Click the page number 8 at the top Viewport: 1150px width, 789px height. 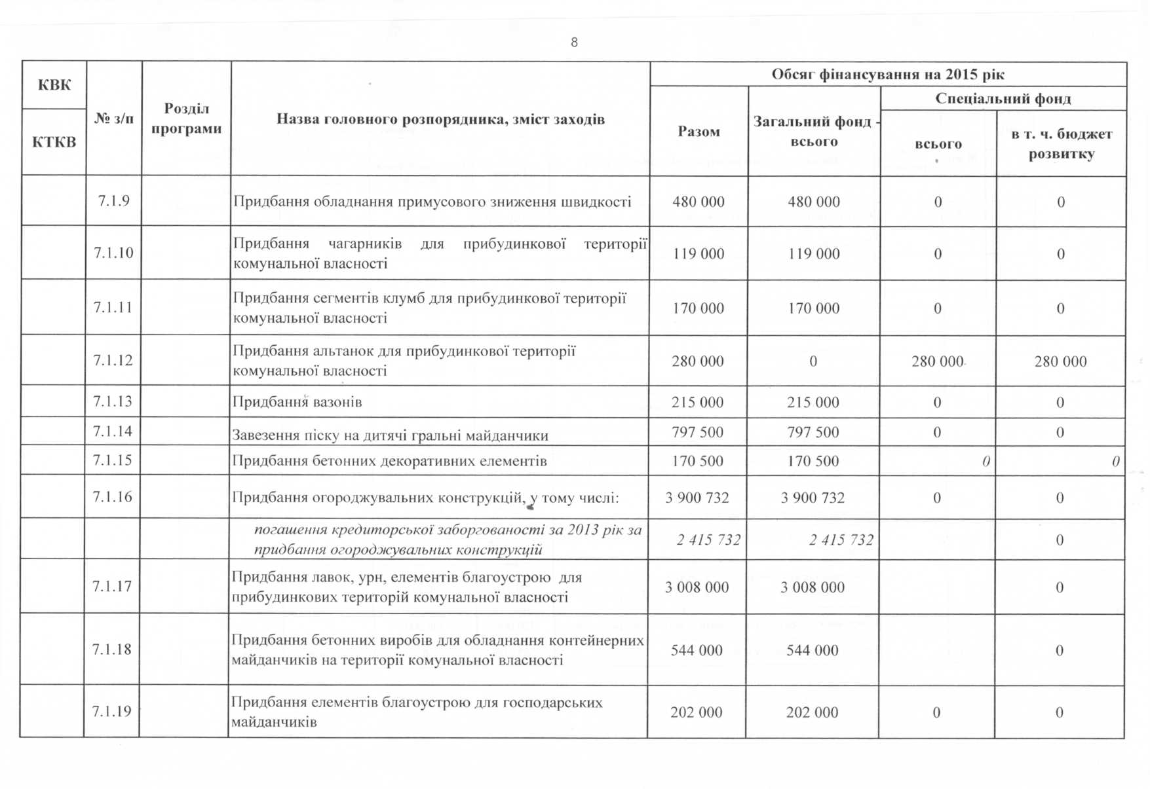coord(574,43)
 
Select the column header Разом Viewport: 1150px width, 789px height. coord(699,132)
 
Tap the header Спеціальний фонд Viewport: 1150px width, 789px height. coord(1003,99)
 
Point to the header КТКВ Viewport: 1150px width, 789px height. coord(54,142)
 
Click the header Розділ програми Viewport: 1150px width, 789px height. coord(186,119)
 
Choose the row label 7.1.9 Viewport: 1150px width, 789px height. coord(113,201)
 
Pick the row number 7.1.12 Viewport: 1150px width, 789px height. coord(113,360)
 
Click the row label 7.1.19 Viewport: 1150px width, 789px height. coord(111,711)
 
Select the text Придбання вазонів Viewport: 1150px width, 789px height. coord(297,402)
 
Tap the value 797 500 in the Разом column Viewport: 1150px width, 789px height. coord(697,432)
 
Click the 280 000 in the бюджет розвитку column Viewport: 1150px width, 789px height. coord(1060,361)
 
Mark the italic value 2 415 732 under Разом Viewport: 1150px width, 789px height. coord(708,540)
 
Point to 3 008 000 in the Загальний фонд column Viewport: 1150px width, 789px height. coord(813,587)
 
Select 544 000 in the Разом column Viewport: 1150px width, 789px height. coord(697,650)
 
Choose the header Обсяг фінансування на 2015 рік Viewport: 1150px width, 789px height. coord(888,74)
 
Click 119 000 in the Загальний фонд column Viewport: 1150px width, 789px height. coord(813,254)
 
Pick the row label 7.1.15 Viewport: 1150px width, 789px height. coord(112,460)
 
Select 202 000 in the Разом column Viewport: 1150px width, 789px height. coord(696,712)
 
